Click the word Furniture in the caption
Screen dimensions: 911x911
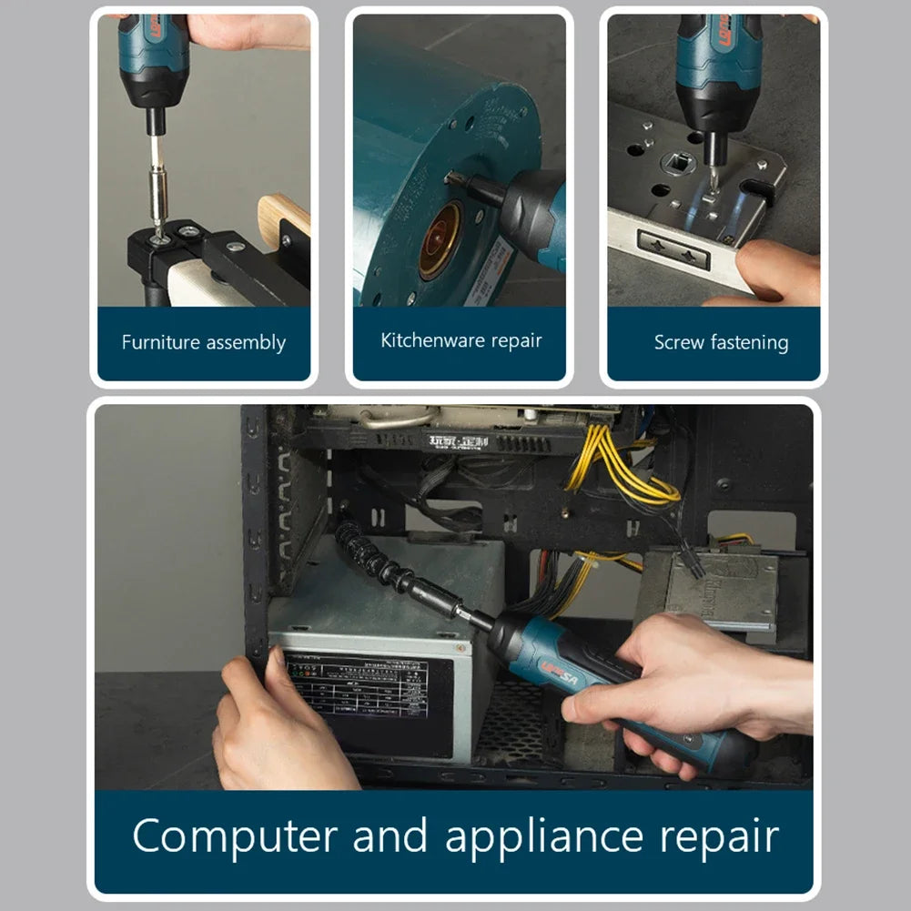pyautogui.click(x=160, y=343)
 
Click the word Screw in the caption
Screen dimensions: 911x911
pyautogui.click(x=679, y=343)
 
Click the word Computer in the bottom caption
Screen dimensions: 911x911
pyautogui.click(x=236, y=836)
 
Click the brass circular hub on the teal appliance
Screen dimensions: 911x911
pyautogui.click(x=441, y=241)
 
